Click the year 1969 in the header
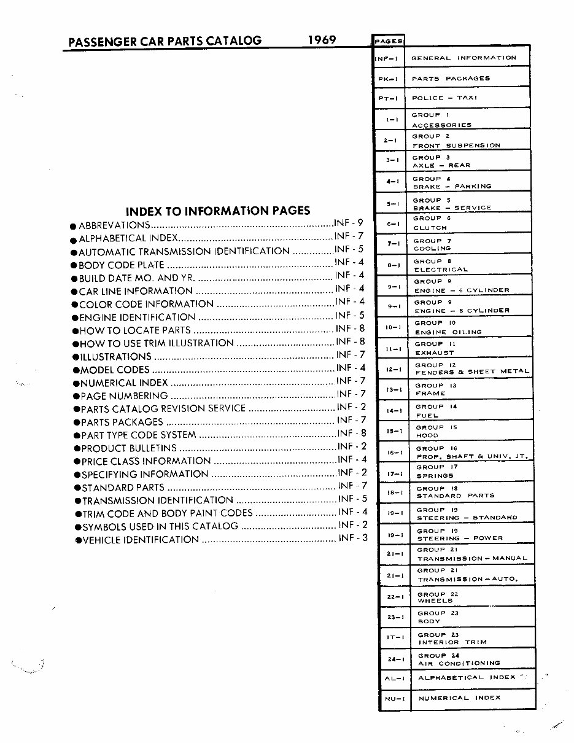pos(322,40)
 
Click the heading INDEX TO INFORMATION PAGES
pos(218,211)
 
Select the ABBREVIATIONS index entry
pos(114,225)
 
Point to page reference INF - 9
pos(349,223)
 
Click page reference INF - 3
pos(353,538)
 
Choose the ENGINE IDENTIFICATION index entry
pos(137,317)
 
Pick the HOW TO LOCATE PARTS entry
pos(135,330)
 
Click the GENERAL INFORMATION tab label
pos(463,58)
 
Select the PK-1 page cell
pos(389,79)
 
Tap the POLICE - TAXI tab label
pos(444,98)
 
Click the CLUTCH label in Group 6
pos(430,228)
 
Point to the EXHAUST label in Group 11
pos(435,353)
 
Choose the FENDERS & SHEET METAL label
pos(472,372)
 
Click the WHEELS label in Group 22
pos(435,601)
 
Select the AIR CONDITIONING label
pos(459,663)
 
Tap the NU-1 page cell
pos(394,699)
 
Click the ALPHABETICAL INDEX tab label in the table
pos(467,677)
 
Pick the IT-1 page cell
pos(394,637)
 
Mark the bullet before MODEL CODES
pos(76,370)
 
